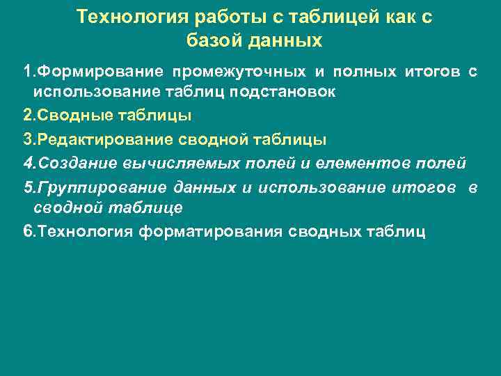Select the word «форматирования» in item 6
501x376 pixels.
(x=209, y=231)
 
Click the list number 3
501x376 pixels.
(x=27, y=140)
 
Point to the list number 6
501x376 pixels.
(x=27, y=231)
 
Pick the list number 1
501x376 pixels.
(x=27, y=72)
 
